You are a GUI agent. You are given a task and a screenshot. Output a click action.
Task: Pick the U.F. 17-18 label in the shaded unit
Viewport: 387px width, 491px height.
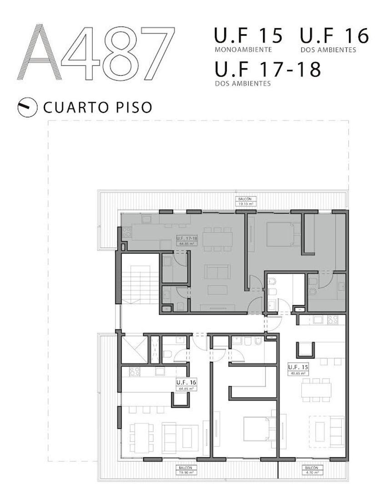click(x=186, y=240)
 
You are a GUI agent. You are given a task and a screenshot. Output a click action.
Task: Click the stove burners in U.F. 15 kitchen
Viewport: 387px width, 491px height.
click(x=332, y=320)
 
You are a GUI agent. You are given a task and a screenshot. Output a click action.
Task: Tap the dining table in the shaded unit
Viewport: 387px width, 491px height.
click(x=217, y=239)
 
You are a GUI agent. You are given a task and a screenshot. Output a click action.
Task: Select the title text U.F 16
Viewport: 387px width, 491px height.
click(x=334, y=36)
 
